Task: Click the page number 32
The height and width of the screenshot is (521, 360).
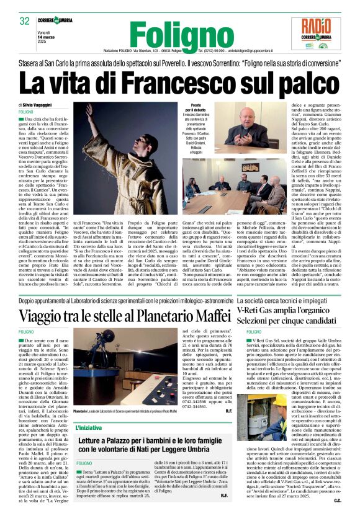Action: coord(25,22)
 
